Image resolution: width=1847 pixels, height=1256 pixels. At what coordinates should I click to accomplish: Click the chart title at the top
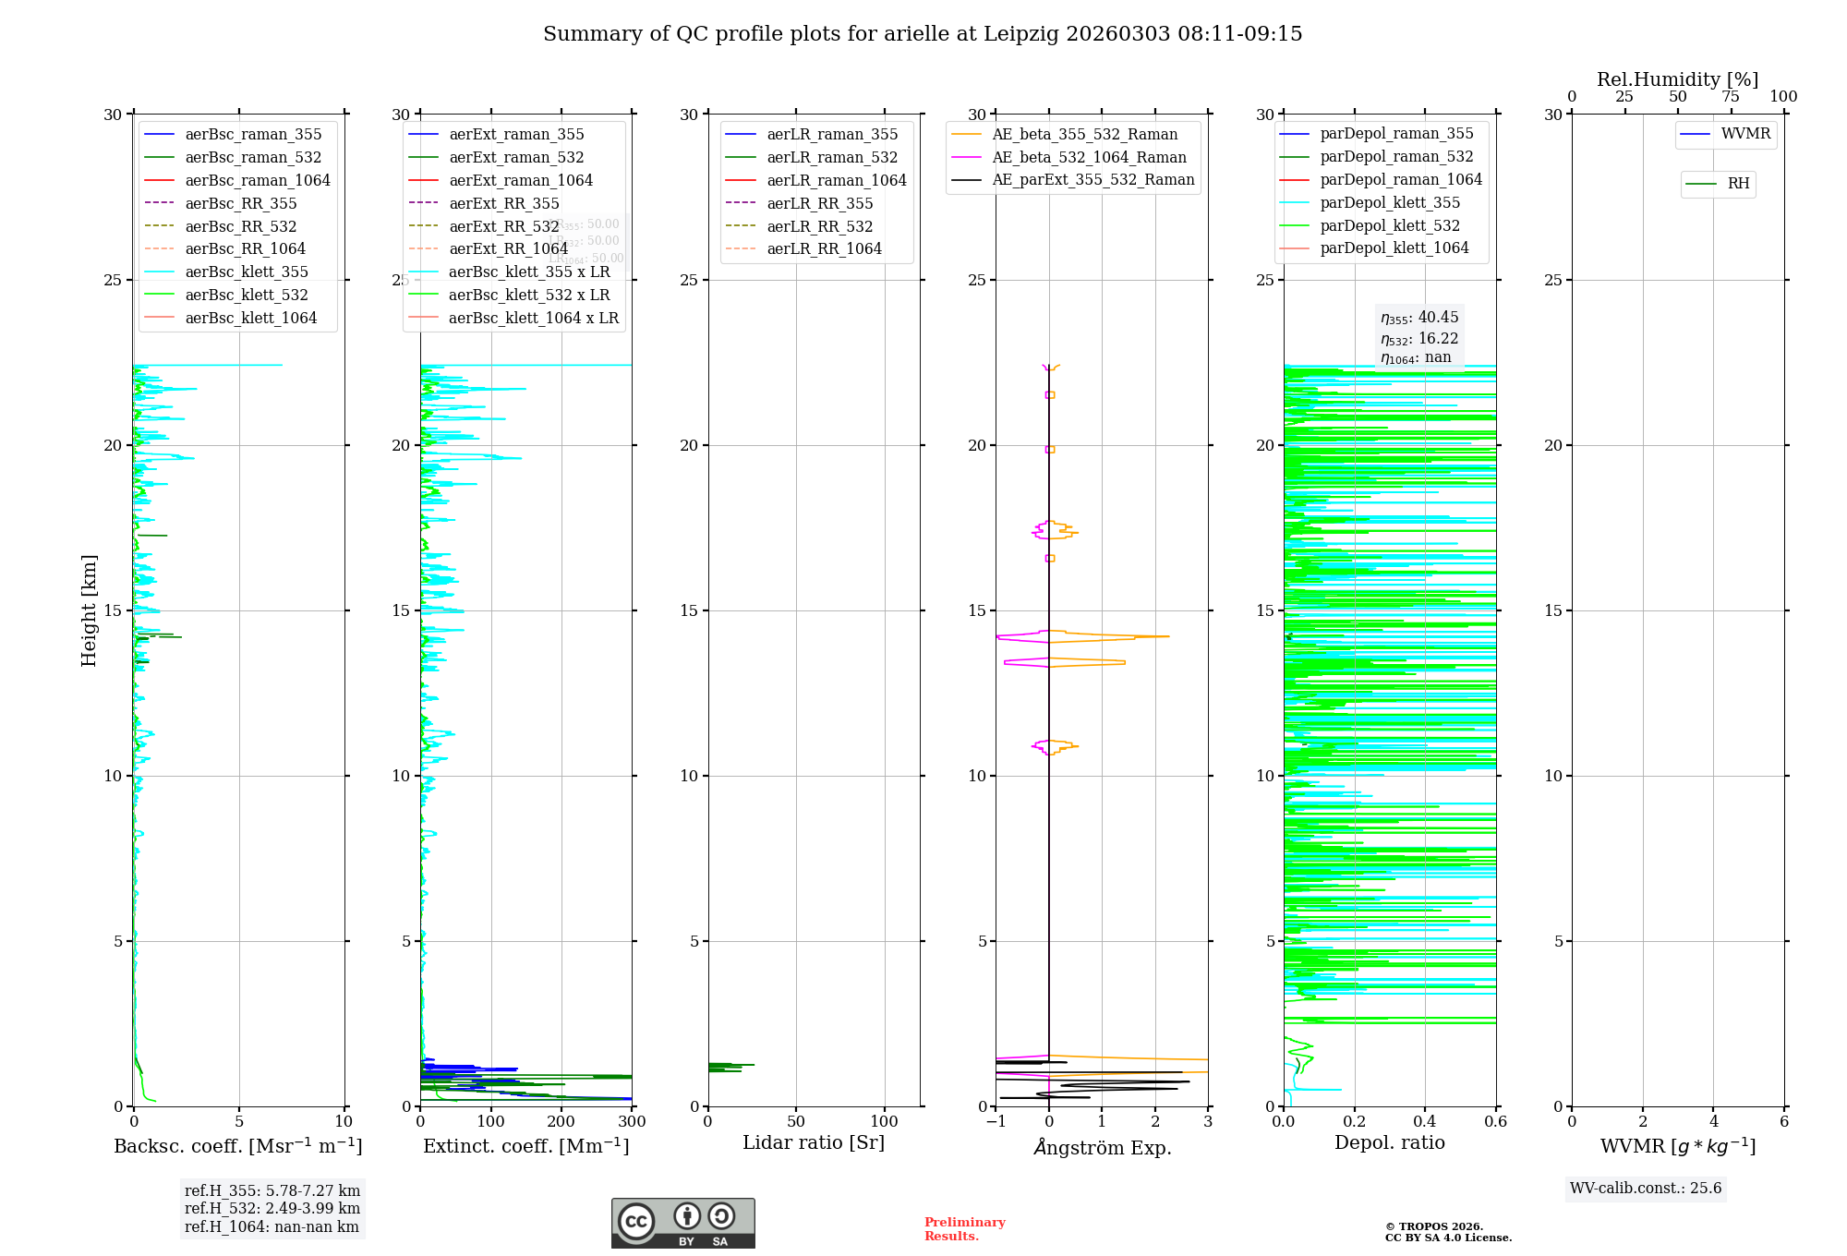click(923, 34)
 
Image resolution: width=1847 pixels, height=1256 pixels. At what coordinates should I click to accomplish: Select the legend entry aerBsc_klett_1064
click(250, 318)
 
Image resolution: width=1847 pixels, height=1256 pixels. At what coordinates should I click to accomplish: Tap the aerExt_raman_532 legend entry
click(516, 157)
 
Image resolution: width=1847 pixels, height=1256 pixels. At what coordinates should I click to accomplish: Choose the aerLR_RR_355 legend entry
click(819, 203)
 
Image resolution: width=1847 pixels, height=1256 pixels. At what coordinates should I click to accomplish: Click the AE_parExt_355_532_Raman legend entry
click(1093, 179)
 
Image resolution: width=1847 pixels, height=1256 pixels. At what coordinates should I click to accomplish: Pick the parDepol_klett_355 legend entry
click(1390, 202)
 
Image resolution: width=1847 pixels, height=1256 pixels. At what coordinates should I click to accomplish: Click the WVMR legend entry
click(1745, 134)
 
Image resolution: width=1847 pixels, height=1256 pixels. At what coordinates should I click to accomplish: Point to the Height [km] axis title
click(89, 610)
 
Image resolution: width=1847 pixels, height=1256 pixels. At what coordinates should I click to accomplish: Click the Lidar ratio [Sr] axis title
click(814, 1142)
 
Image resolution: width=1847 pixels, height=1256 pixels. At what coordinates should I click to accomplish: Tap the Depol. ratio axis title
click(1389, 1142)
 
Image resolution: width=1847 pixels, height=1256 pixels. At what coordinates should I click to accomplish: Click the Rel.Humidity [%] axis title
click(1677, 79)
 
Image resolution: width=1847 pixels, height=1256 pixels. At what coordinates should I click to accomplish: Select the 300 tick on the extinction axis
click(632, 1121)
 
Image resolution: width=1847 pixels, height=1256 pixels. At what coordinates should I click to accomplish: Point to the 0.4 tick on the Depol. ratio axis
click(1425, 1121)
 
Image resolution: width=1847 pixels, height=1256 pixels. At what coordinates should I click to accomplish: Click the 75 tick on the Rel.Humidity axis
click(1731, 97)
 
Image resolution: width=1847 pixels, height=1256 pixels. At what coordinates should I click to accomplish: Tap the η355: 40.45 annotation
click(1419, 318)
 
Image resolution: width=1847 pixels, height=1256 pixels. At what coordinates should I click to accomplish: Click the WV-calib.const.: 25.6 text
click(1646, 1188)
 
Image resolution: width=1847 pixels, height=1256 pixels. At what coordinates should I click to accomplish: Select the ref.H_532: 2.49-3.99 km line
click(272, 1208)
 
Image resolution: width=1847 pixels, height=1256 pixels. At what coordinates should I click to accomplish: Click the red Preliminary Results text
click(964, 1228)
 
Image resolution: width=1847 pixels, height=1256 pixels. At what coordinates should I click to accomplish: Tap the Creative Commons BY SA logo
click(682, 1223)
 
